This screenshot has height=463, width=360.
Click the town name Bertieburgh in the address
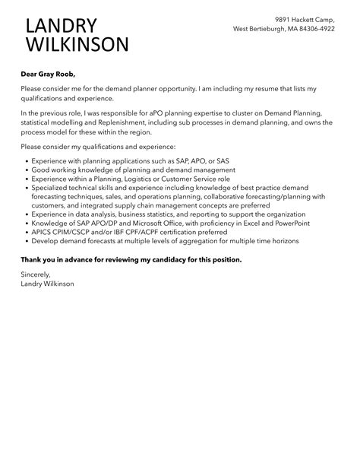point(271,29)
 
